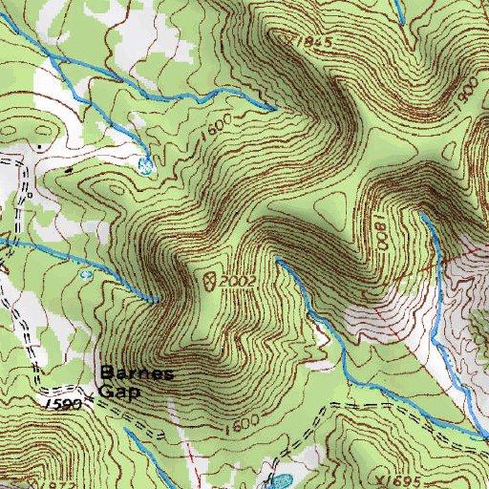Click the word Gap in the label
[x=124, y=391]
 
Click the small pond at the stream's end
[x=145, y=165]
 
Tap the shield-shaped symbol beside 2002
[x=208, y=280]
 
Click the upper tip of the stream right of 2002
[x=278, y=259]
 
